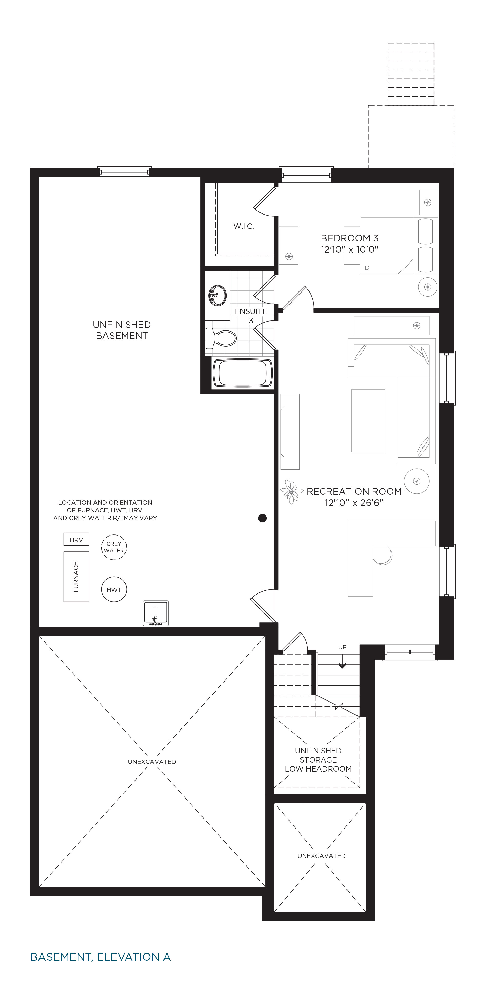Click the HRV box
(76, 539)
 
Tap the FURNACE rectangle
(76, 577)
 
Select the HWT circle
(114, 589)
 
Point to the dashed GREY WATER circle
(114, 547)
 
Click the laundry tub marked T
(156, 613)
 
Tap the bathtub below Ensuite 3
(243, 373)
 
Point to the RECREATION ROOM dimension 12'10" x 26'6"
(354, 503)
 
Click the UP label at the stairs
(342, 647)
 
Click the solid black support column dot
(263, 518)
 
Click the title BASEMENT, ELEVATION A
(100, 957)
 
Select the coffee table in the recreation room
(368, 420)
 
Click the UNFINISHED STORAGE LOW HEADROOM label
(318, 760)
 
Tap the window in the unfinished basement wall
(124, 172)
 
